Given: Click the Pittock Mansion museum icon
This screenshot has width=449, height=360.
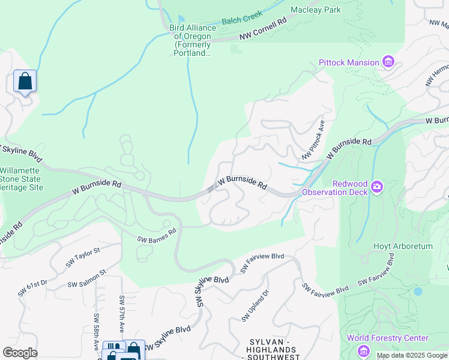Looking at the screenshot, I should click(x=388, y=62).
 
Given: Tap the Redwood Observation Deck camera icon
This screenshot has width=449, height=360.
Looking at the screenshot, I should click(x=376, y=187).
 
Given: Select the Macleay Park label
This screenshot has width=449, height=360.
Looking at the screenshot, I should click(x=315, y=10).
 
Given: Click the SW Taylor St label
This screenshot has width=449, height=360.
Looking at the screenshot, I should click(x=83, y=259).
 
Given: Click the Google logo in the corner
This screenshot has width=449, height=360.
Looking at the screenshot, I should click(x=20, y=353).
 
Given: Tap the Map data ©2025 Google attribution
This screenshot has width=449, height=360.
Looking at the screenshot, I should click(x=411, y=355).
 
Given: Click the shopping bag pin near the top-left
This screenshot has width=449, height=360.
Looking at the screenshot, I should click(x=25, y=81).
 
